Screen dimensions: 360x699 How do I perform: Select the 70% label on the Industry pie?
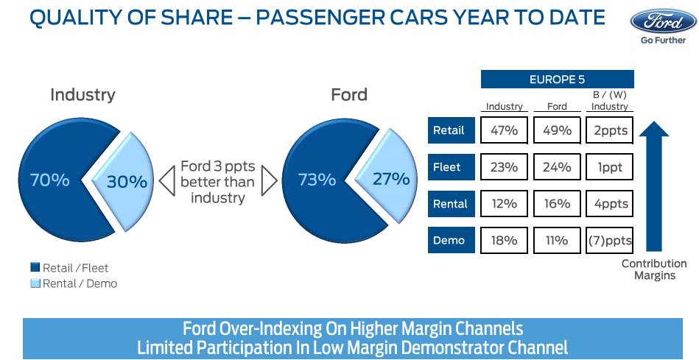tap(49, 180)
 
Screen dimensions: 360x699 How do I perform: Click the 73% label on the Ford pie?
tap(317, 180)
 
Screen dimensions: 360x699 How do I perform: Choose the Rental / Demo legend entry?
tap(74, 283)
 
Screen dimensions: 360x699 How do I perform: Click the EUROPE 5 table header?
tap(557, 80)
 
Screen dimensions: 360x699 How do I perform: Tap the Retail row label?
tap(449, 130)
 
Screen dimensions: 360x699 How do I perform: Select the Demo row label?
tap(449, 240)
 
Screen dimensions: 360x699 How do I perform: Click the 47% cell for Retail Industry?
tap(504, 130)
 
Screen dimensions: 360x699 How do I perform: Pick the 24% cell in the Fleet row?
tap(557, 167)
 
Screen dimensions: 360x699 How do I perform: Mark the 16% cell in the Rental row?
tap(557, 204)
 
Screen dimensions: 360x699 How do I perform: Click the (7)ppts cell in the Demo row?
tap(609, 240)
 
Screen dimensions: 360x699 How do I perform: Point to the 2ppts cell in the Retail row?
tap(609, 130)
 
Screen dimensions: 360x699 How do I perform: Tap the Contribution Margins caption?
tap(653, 269)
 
